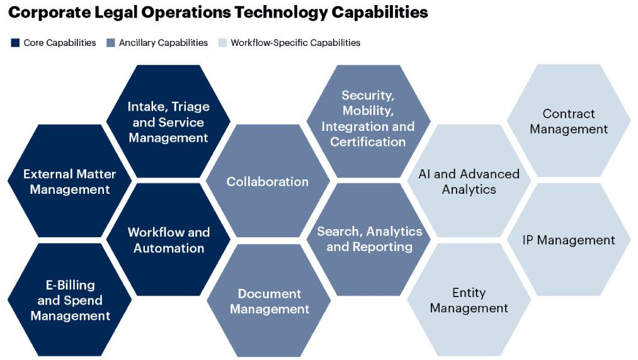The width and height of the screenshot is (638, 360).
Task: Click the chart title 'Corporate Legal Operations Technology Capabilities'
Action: (x=218, y=13)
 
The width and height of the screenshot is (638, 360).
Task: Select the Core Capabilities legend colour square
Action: (x=15, y=43)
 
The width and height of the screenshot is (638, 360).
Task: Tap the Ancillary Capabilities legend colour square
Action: (x=111, y=43)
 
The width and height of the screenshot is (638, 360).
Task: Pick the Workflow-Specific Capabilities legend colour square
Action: (x=222, y=43)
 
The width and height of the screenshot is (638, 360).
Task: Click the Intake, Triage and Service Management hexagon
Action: (x=168, y=121)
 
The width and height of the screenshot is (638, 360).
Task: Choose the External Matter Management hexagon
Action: (x=69, y=181)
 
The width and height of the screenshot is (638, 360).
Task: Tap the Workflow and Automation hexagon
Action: (x=168, y=239)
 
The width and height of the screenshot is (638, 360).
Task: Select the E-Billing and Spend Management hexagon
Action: (x=69, y=300)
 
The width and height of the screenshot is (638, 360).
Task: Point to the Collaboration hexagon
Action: (x=268, y=181)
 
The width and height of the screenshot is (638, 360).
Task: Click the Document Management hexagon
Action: (x=269, y=301)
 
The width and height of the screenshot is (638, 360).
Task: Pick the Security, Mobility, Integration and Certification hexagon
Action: (x=368, y=121)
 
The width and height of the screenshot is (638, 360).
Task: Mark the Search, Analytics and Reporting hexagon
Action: (x=368, y=239)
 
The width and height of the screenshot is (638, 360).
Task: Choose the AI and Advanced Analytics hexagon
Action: (x=469, y=181)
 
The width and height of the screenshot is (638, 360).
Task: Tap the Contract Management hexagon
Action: (x=569, y=120)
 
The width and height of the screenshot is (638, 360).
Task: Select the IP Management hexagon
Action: (x=569, y=239)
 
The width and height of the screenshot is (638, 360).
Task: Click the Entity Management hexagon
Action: (x=469, y=300)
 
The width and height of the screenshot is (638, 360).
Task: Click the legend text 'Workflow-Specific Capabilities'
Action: (x=295, y=43)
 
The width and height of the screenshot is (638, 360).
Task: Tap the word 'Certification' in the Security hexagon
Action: (x=368, y=142)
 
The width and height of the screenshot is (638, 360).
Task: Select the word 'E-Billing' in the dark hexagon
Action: (x=71, y=284)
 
